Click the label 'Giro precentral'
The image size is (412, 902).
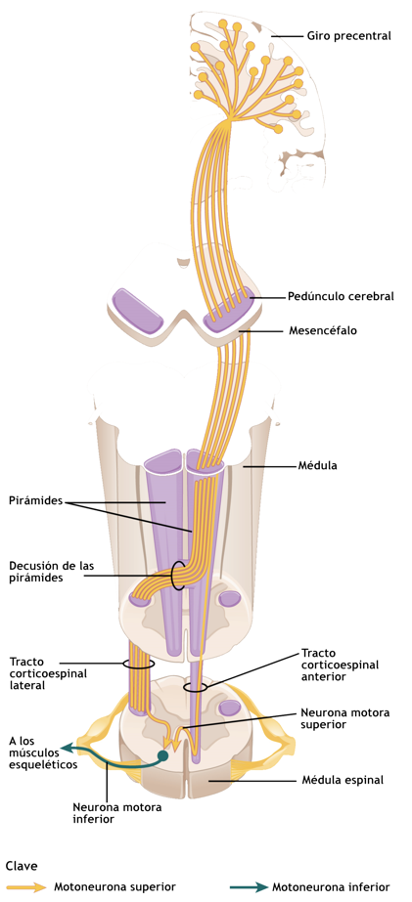[348, 36]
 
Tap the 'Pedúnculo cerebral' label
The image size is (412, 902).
[342, 297]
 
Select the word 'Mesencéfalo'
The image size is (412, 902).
[323, 330]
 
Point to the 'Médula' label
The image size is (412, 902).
[317, 465]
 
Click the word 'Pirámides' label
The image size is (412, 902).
[36, 500]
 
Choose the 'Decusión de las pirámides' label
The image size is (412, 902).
[51, 572]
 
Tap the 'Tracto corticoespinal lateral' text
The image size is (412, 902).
[48, 673]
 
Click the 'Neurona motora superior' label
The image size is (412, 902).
[345, 718]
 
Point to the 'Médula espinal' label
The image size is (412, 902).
[343, 780]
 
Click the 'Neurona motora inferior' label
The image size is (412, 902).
[117, 812]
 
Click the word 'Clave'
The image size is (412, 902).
[22, 866]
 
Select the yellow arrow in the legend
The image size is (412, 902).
[24, 886]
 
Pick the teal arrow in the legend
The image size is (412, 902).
[248, 886]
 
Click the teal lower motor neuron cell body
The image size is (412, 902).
[163, 755]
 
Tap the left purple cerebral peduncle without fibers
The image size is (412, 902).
[138, 311]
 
